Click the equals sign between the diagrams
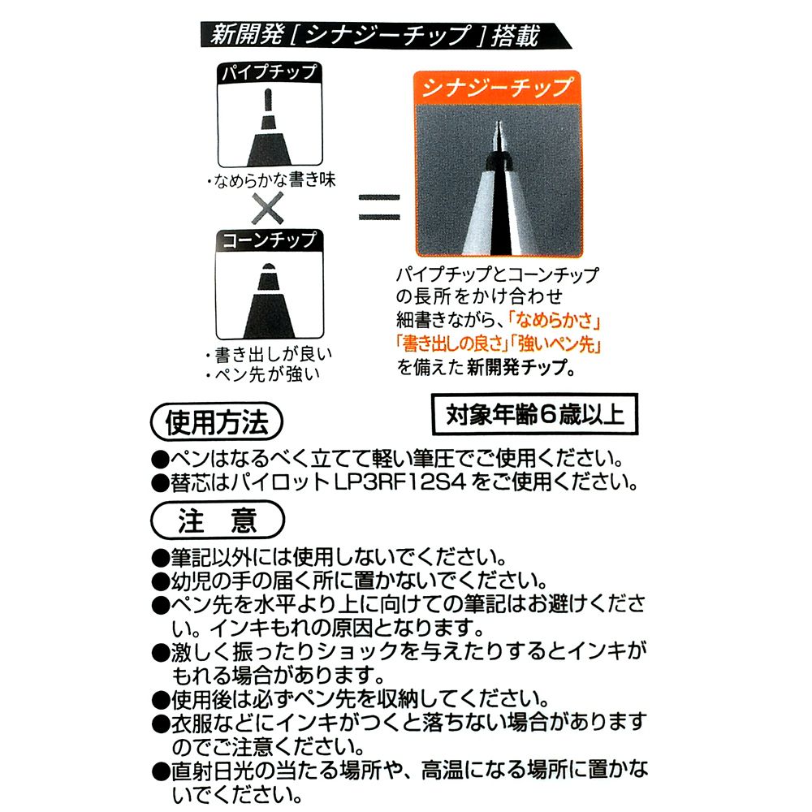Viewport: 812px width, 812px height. point(378,208)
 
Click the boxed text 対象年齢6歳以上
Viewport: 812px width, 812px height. point(534,415)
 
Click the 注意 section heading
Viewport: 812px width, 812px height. point(217,520)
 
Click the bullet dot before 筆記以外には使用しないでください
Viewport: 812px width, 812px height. point(159,559)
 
